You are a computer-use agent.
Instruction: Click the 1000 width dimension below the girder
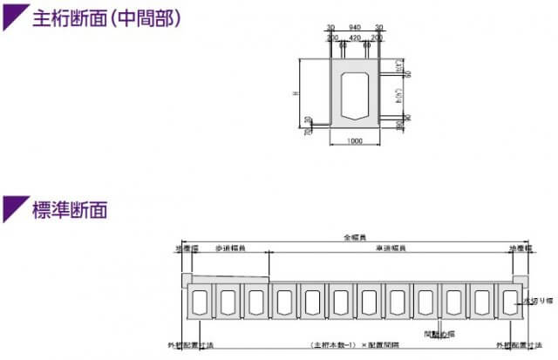(x=354, y=142)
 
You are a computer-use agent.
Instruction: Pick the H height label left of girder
(x=296, y=94)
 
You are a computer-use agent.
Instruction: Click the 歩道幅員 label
(x=229, y=248)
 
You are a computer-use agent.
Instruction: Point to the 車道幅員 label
(x=389, y=248)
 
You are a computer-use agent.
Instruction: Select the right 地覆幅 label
(x=521, y=248)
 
